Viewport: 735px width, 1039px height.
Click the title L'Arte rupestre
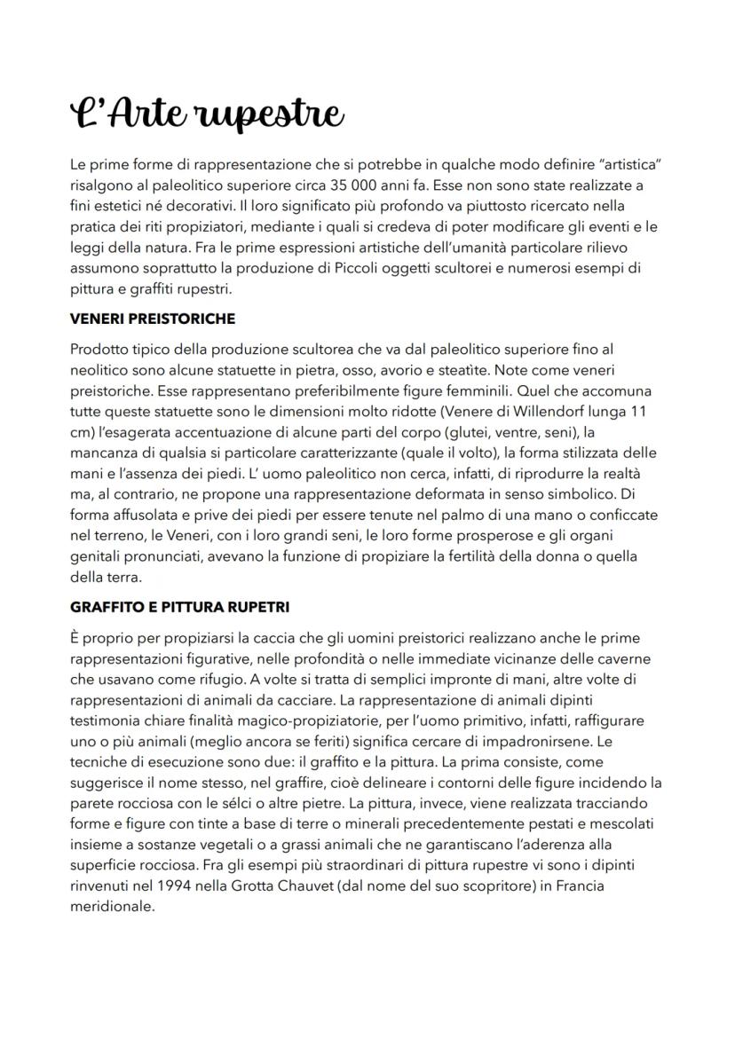(206, 114)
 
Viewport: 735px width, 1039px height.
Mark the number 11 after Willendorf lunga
(638, 412)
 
